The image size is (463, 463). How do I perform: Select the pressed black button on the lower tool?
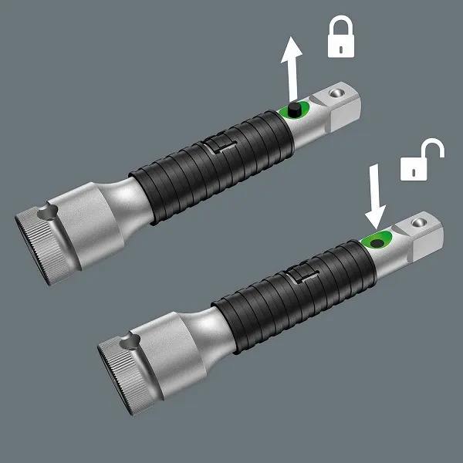tap(377, 242)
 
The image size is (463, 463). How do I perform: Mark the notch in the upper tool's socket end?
tap(50, 208)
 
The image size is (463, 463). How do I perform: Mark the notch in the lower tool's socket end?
tap(130, 340)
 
